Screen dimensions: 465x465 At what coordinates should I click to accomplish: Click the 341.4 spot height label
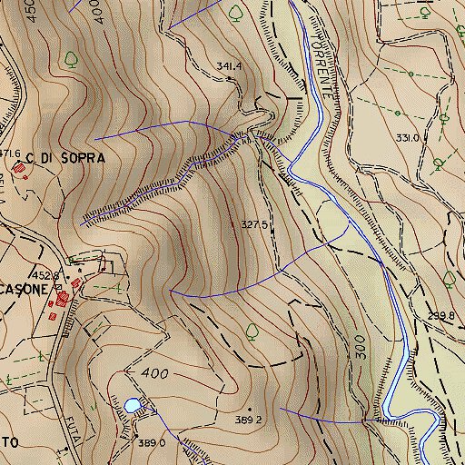tap(229, 65)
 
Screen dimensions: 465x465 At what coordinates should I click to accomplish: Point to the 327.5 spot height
tap(254, 224)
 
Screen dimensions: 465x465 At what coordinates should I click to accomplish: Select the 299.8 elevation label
tap(440, 317)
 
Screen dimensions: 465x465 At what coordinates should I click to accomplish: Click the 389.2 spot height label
tap(249, 420)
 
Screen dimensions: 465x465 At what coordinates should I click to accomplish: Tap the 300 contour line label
tap(361, 350)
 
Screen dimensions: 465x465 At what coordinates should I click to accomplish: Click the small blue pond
tap(134, 405)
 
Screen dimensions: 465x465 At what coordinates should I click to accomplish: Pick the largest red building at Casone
tap(63, 297)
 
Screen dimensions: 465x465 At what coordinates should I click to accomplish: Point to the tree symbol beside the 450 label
tap(71, 59)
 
